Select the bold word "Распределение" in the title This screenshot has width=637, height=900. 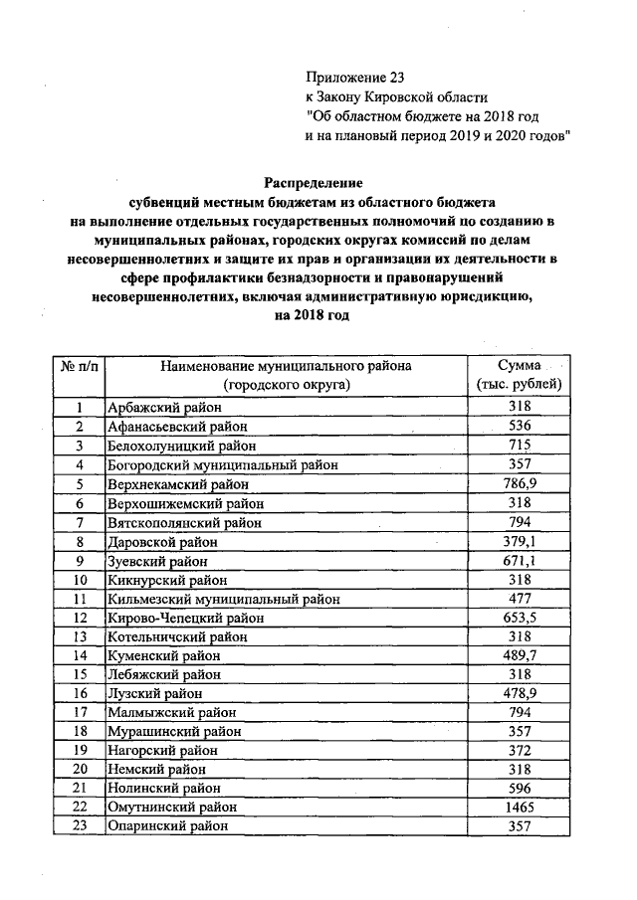(x=313, y=182)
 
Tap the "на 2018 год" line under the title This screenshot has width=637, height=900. (x=313, y=315)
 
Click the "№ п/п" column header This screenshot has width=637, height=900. (x=77, y=366)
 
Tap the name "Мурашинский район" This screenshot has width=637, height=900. (x=166, y=732)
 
